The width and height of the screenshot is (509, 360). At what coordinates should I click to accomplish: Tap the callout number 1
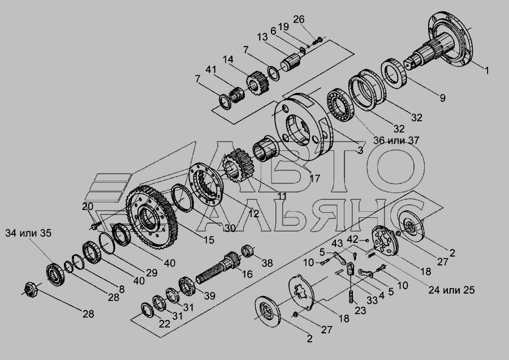486,71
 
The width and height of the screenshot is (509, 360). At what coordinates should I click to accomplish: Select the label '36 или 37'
396,141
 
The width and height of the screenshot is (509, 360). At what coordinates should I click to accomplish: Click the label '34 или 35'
28,233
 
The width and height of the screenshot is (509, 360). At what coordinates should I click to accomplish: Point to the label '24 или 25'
451,290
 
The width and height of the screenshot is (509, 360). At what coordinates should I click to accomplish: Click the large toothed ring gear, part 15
152,216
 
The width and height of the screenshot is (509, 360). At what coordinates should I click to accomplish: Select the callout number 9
442,98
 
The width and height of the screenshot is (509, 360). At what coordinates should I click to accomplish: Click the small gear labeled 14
257,83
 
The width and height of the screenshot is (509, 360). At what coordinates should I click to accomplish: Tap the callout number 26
299,19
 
